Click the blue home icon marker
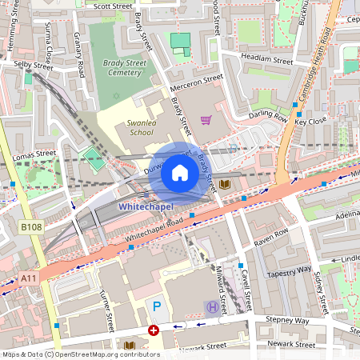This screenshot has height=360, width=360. [x=180, y=173]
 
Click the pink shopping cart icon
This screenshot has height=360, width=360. [x=206, y=120]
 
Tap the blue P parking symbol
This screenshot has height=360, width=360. [x=156, y=306]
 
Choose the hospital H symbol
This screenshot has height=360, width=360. [x=212, y=306]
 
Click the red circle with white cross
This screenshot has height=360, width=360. [x=153, y=330]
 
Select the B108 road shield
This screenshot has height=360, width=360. [x=30, y=228]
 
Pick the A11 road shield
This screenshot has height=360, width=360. [x=29, y=277]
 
